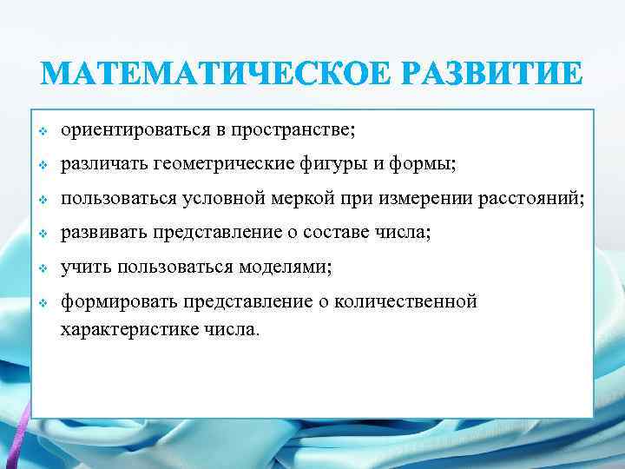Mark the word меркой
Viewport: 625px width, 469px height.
305,200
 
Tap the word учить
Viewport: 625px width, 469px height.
82,268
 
